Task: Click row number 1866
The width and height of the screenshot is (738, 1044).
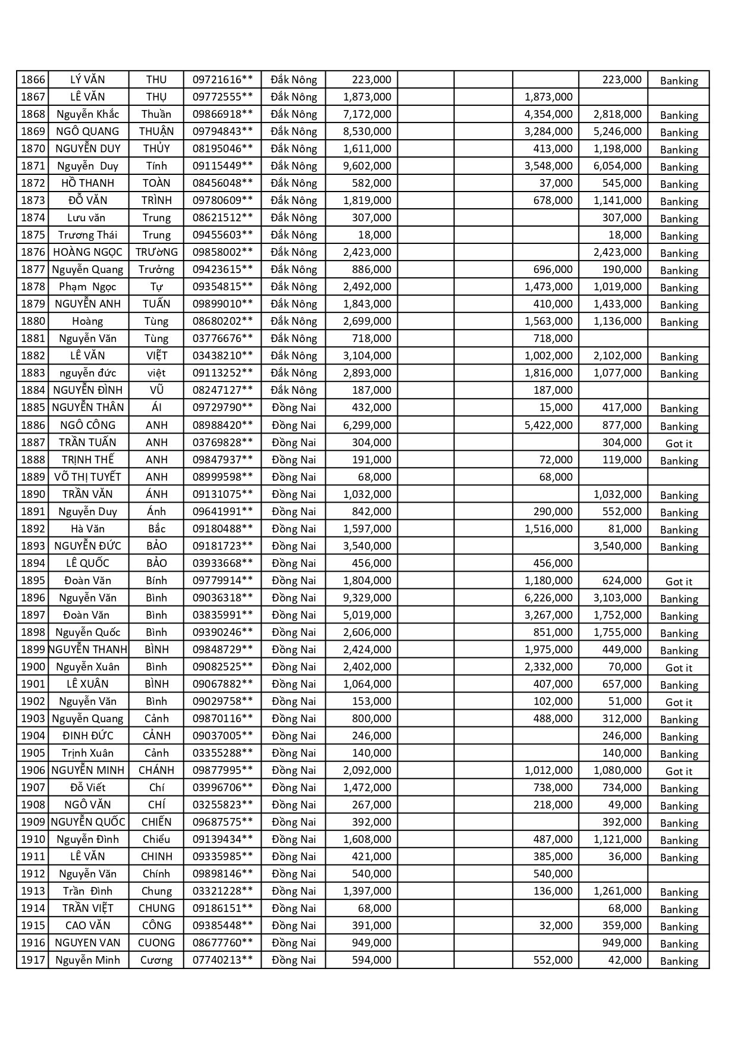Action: click(33, 80)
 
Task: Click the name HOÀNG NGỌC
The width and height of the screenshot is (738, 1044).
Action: click(88, 252)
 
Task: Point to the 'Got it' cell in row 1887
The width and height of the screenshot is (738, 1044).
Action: click(679, 443)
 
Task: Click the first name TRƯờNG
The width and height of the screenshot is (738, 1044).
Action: click(156, 252)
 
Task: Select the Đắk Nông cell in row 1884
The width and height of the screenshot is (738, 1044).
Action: click(294, 390)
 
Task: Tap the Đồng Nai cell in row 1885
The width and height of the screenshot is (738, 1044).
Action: click(294, 407)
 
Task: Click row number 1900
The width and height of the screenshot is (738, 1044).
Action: click(33, 667)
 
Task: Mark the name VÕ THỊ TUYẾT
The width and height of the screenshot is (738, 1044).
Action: click(88, 477)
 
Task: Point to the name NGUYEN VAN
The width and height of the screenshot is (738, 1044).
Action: click(88, 943)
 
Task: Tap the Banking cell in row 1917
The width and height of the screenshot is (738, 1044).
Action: click(679, 961)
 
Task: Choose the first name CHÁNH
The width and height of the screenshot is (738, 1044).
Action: click(156, 770)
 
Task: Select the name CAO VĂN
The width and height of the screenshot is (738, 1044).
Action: click(88, 926)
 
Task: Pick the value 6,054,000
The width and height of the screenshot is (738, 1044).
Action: click(617, 166)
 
